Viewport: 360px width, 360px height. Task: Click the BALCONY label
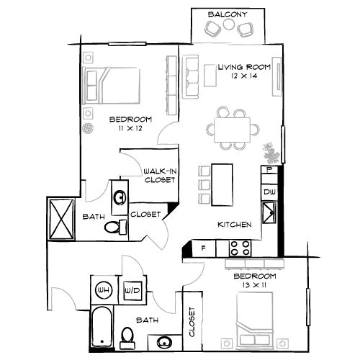pyautogui.click(x=228, y=14)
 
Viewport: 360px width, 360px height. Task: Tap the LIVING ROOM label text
pyautogui.click(x=244, y=67)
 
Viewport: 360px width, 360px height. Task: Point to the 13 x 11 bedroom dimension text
pyautogui.click(x=254, y=285)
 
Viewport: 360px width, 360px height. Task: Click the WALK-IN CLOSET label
pyautogui.click(x=160, y=176)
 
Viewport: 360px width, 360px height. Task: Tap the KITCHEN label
pyautogui.click(x=235, y=225)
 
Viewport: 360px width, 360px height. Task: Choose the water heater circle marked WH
pyautogui.click(x=104, y=291)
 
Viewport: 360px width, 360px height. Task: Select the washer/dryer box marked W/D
pyautogui.click(x=132, y=291)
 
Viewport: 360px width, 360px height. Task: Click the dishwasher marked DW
pyautogui.click(x=269, y=192)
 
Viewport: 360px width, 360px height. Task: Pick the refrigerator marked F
pyautogui.click(x=204, y=249)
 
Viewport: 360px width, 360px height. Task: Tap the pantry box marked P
pyautogui.click(x=269, y=171)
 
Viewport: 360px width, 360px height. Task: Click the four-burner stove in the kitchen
pyautogui.click(x=239, y=248)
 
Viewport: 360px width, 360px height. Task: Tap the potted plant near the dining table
pyautogui.click(x=271, y=153)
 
